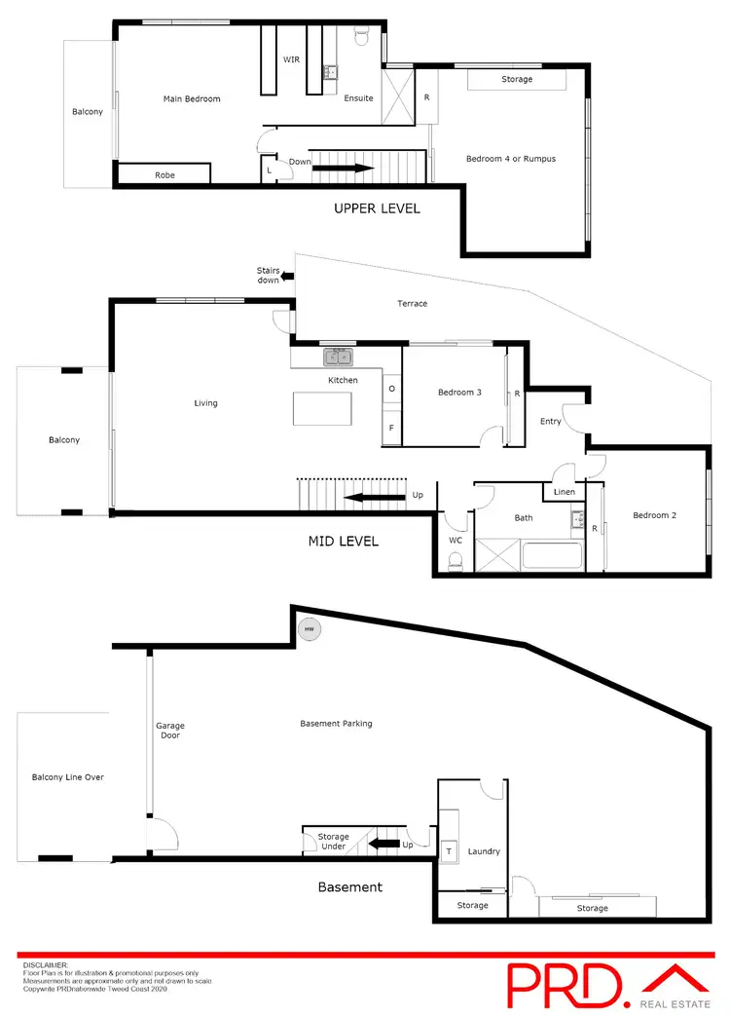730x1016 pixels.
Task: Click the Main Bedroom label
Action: tap(191, 98)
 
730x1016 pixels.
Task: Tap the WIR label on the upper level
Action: tap(291, 59)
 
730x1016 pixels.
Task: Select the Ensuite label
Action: tap(357, 98)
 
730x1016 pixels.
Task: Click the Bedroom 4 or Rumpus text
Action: tap(510, 159)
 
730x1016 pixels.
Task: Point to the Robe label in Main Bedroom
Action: tap(164, 176)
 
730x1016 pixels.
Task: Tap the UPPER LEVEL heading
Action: tap(377, 208)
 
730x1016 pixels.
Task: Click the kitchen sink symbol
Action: tap(338, 357)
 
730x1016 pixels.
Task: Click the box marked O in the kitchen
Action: tap(391, 388)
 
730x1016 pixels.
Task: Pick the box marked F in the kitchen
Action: tap(391, 428)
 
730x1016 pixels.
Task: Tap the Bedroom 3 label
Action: tap(459, 393)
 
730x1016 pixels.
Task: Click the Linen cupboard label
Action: tap(564, 493)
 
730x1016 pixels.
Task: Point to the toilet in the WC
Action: tap(455, 561)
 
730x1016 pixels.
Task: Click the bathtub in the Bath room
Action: tap(552, 557)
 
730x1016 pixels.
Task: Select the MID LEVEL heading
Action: tap(343, 542)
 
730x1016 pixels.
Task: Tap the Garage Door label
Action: tap(170, 731)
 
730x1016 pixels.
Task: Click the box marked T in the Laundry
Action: tap(449, 850)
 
